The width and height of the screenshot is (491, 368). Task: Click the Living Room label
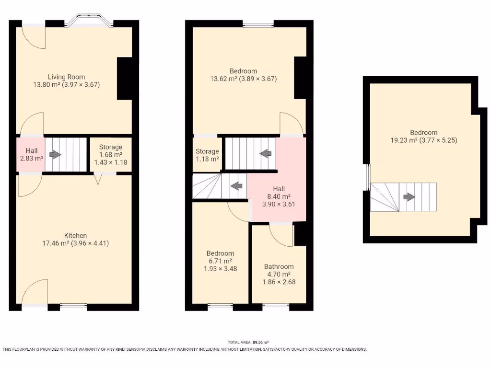66,77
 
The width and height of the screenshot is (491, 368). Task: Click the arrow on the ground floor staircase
56,155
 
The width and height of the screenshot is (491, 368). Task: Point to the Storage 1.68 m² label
111,154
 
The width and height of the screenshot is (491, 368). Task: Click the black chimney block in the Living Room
125,79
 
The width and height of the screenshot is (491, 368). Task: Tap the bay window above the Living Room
89,21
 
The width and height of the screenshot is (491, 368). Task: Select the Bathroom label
279,266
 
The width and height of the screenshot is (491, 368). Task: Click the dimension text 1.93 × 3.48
220,269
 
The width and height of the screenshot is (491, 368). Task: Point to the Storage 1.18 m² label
207,155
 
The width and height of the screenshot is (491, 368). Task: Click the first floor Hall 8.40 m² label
279,196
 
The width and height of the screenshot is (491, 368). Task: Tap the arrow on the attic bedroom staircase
409,196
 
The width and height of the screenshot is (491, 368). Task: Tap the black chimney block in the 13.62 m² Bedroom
300,77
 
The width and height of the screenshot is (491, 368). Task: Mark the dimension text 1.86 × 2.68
280,282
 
